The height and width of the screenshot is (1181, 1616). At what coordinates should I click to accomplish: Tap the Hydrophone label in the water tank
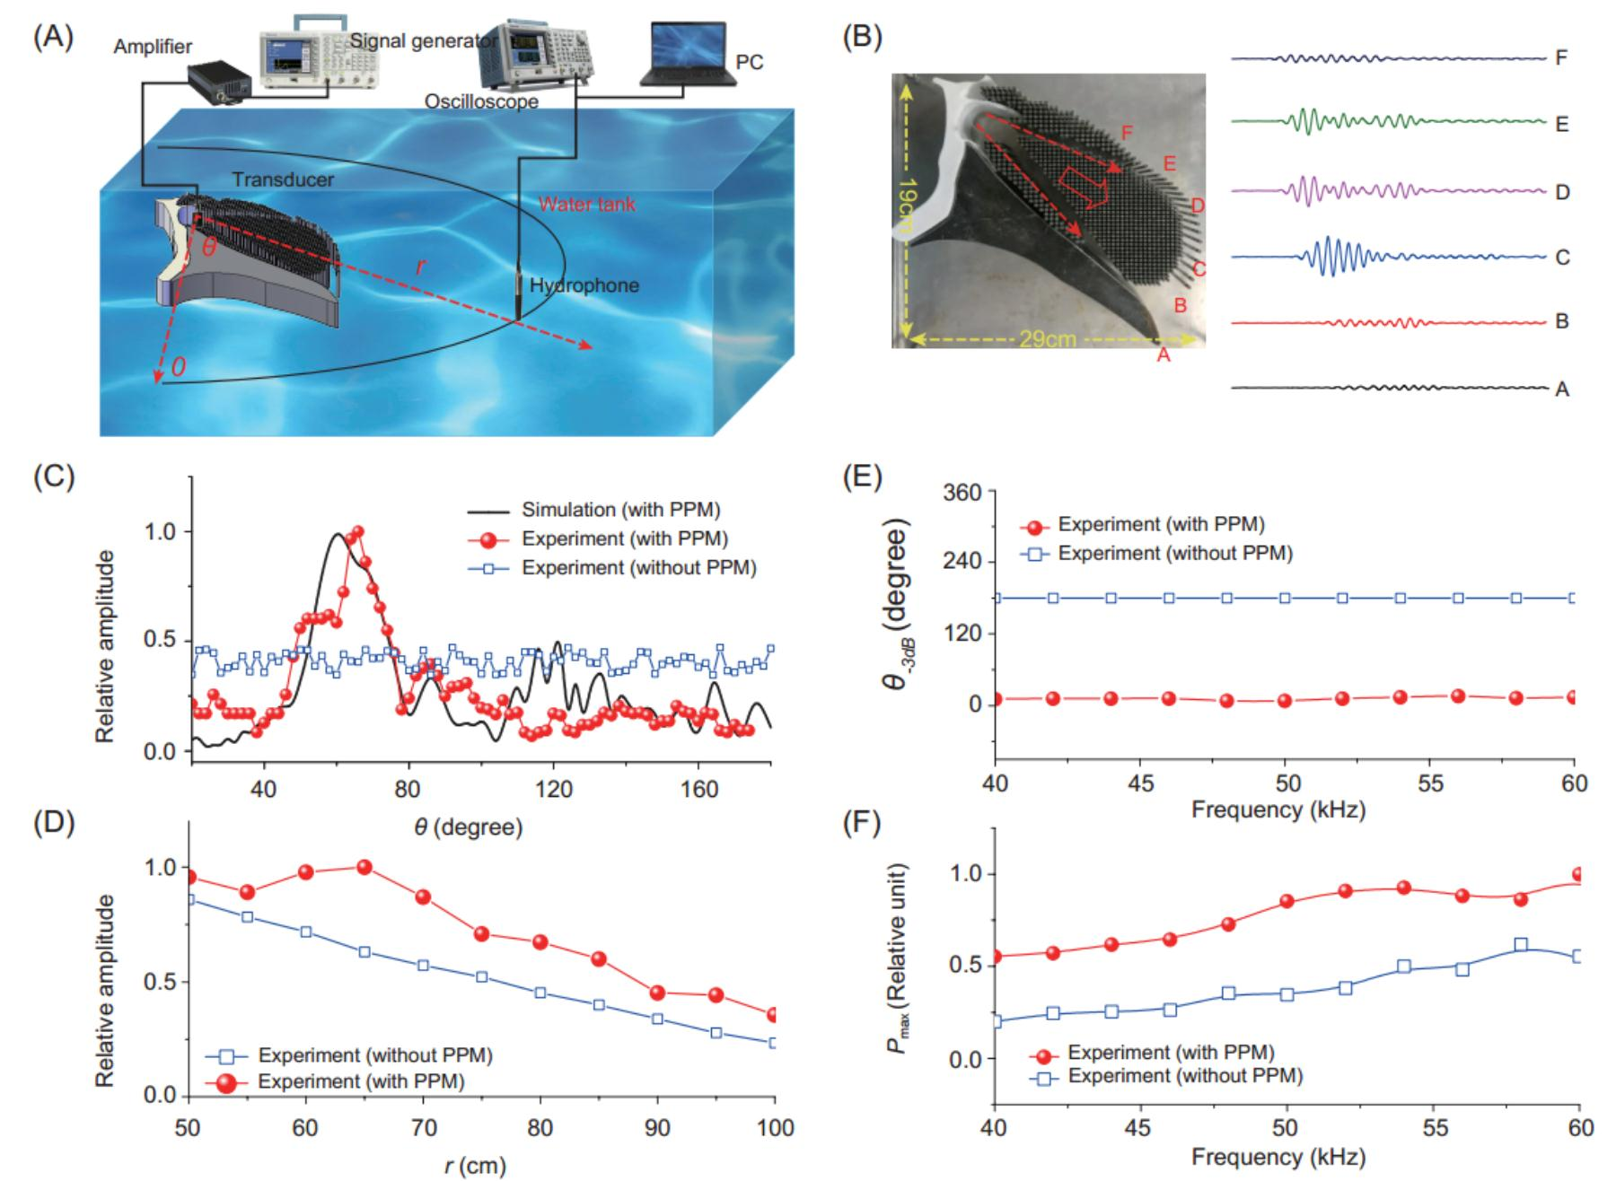click(584, 285)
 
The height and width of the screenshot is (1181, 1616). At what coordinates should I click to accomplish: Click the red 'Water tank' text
click(587, 204)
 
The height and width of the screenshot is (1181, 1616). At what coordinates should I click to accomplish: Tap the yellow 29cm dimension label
click(1047, 340)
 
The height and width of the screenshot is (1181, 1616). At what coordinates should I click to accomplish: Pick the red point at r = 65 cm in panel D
click(364, 867)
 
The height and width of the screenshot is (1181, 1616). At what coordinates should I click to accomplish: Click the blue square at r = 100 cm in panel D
click(773, 1043)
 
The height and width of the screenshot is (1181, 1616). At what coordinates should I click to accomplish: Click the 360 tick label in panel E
click(968, 492)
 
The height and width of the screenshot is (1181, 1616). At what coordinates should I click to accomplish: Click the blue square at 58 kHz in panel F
click(1521, 944)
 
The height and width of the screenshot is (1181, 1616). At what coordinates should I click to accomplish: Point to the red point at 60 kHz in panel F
click(1578, 875)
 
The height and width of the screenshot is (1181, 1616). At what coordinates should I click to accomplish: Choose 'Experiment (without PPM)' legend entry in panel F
click(1185, 1075)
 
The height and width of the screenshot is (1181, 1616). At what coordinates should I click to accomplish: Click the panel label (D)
click(55, 824)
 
